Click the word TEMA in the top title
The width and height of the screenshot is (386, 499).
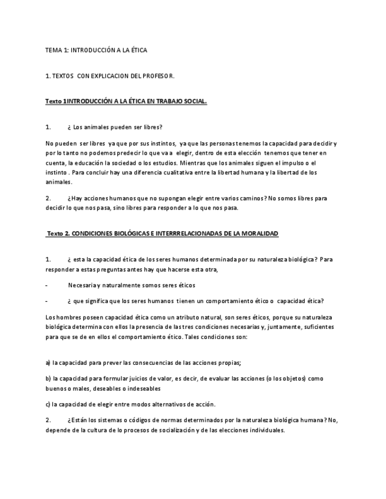53,51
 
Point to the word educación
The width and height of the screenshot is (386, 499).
91,163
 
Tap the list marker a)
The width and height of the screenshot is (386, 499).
48,362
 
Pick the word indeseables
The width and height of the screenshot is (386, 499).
139,388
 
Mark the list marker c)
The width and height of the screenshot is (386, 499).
48,404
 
